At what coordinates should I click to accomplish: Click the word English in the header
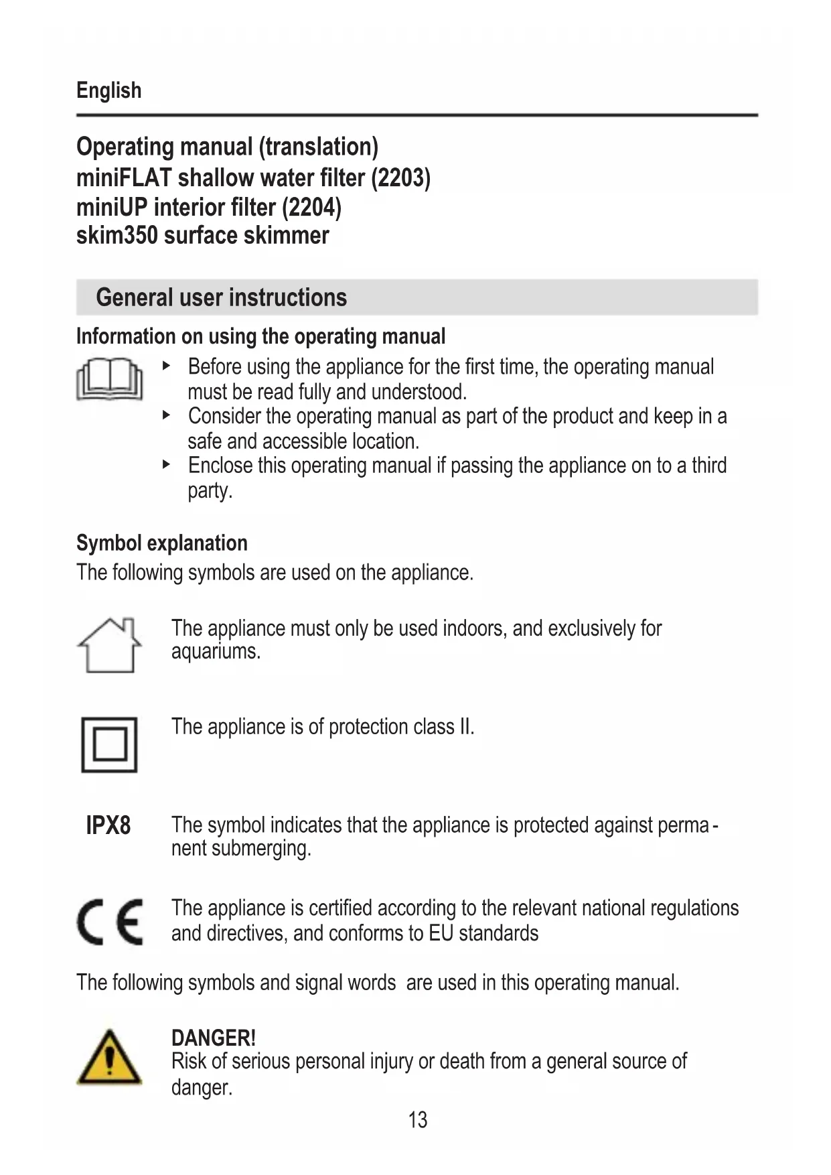[x=108, y=90]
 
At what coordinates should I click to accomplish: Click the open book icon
[x=109, y=380]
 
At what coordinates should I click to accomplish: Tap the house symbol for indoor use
[x=109, y=645]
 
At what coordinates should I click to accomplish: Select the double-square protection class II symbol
[x=109, y=744]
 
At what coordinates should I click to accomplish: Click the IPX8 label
[x=108, y=825]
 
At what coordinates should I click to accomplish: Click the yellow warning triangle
[x=109, y=1058]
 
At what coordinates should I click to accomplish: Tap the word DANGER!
[x=213, y=1038]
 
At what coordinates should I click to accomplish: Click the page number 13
[x=417, y=1119]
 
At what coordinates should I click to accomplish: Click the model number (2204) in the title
[x=311, y=208]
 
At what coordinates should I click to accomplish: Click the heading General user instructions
[x=221, y=297]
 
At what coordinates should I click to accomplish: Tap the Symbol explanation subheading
[x=161, y=543]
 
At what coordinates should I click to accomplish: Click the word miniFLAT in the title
[x=124, y=178]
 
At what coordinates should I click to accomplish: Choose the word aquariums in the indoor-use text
[x=215, y=651]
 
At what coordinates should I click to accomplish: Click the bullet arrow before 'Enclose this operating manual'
[x=167, y=464]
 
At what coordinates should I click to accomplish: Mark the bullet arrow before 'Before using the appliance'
[x=167, y=366]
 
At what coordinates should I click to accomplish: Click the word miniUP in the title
[x=112, y=208]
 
